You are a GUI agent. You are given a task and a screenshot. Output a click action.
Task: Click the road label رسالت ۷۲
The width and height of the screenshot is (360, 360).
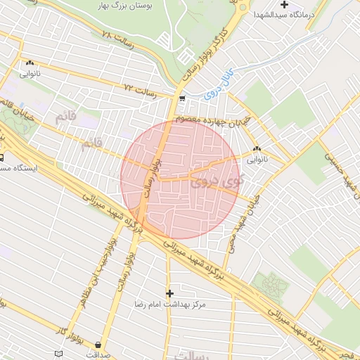pyautogui.click(x=139, y=87)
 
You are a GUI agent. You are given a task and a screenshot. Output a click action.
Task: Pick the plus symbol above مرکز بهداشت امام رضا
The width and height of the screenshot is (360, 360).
pyautogui.click(x=169, y=292)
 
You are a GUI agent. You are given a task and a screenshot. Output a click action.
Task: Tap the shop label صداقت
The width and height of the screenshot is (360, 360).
pyautogui.click(x=97, y=355)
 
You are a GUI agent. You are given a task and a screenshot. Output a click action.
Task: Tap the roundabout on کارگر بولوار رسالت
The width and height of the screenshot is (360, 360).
pyautogui.click(x=243, y=8)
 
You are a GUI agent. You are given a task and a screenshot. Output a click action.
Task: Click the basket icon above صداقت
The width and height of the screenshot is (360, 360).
pyautogui.click(x=97, y=345)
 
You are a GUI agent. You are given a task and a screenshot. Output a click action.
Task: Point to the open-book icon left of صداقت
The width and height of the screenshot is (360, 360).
pyautogui.click(x=58, y=352)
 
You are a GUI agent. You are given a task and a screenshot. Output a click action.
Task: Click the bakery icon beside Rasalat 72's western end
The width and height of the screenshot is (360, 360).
pyautogui.click(x=29, y=63)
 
